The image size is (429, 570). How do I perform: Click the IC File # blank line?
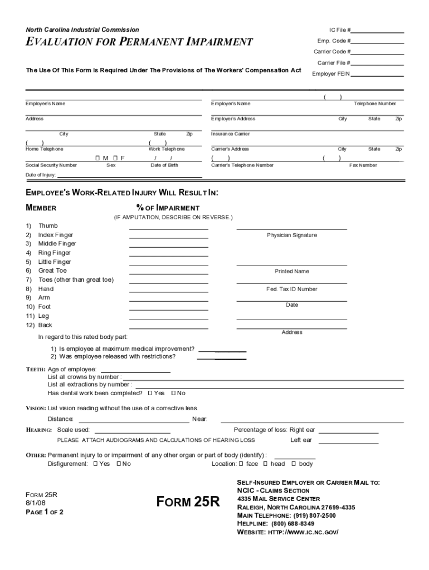click(377, 32)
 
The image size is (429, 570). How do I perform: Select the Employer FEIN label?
click(331, 73)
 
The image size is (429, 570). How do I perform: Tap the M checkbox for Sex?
click(98, 158)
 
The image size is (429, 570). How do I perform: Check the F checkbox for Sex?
click(115, 158)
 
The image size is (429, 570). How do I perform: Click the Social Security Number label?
click(51, 165)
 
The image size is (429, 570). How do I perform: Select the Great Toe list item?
click(52, 271)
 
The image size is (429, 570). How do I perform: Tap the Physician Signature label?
click(291, 235)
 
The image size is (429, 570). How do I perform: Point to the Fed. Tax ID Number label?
click(291, 289)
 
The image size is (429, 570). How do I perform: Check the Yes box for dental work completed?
click(150, 393)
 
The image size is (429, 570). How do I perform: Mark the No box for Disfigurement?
click(119, 464)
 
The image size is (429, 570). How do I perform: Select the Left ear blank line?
click(348, 442)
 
